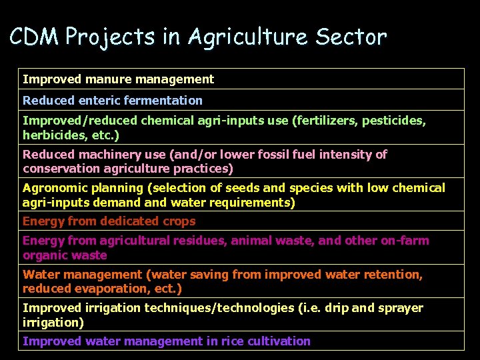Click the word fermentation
(163, 100)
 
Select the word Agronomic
(52, 188)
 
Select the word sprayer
(401, 308)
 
